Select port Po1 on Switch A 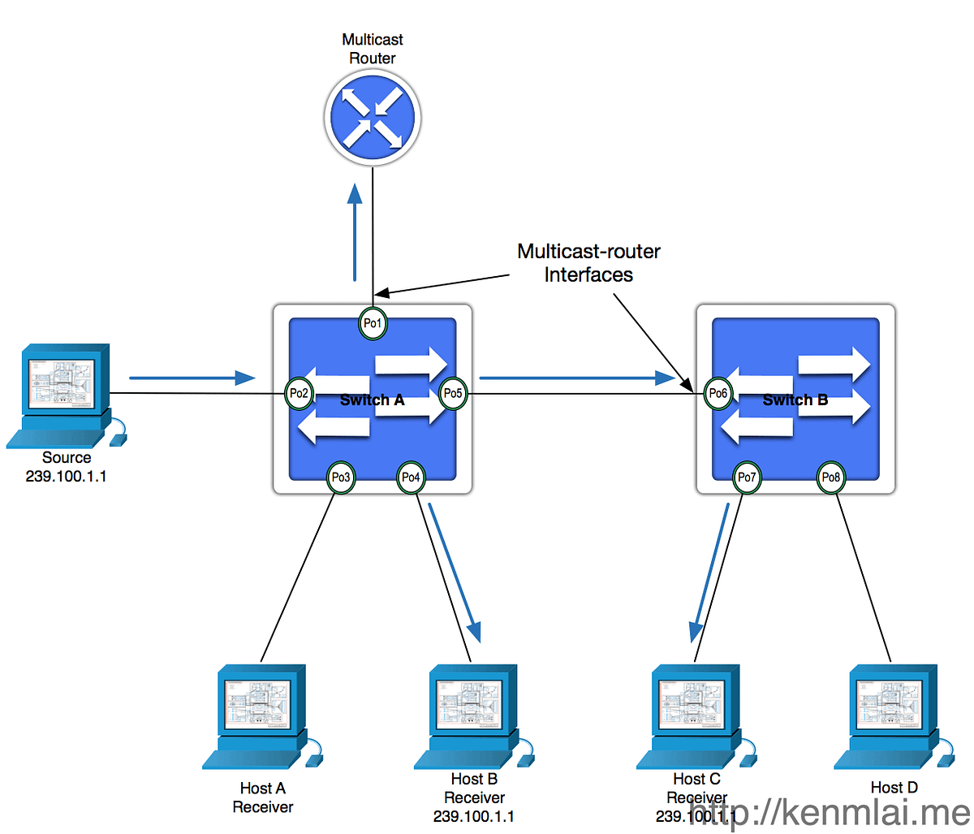point(373,323)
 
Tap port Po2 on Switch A point(300,394)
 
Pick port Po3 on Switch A point(340,477)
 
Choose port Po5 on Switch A point(452,394)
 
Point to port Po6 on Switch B point(718,394)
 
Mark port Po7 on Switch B point(746,477)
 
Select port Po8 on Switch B point(831,477)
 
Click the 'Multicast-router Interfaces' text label point(588,263)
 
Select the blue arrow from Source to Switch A point(192,378)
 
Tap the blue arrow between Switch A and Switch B point(577,378)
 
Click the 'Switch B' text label point(795,400)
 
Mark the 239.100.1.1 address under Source point(67,477)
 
